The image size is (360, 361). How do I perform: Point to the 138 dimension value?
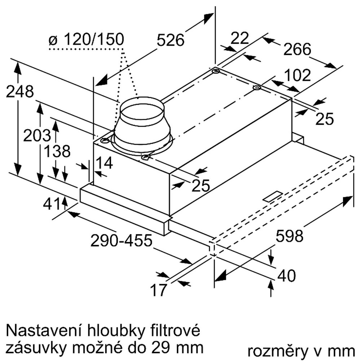pos(57,151)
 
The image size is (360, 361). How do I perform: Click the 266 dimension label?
pos(297,49)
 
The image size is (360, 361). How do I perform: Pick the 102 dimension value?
pos(297,75)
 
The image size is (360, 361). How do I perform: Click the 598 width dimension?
pos(289,236)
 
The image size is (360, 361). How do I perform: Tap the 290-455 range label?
pos(121,240)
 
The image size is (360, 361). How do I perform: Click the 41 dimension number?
pos(52,204)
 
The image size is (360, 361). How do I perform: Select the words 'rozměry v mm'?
pos(301,351)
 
